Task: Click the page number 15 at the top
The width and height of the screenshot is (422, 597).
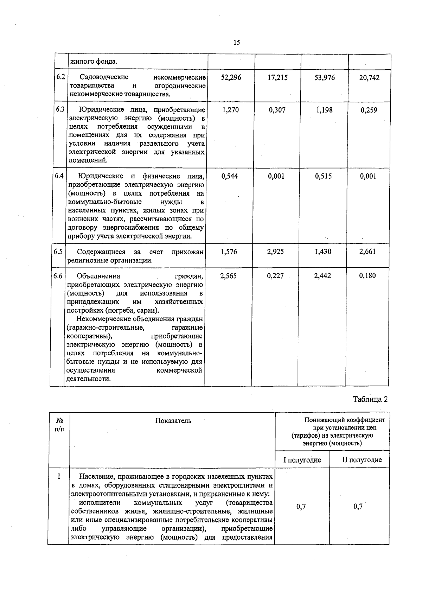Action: pos(236,43)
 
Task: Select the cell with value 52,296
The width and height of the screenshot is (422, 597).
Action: pos(231,77)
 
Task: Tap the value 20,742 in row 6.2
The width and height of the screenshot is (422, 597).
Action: pos(369,78)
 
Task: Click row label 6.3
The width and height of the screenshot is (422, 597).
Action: pos(60,109)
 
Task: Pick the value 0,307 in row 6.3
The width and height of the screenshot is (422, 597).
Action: pos(277,110)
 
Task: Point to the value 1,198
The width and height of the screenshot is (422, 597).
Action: pos(324,110)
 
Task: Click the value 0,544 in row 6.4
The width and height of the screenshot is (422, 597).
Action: pos(230,176)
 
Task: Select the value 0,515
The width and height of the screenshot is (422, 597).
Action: pos(323,176)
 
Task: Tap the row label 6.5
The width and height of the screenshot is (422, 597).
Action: pos(58,252)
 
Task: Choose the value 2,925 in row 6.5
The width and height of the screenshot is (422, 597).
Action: pos(275,252)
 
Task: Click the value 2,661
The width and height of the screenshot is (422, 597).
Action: pos(367,252)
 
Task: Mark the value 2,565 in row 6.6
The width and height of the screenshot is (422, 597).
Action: pos(229,276)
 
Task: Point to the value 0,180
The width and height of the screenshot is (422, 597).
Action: pos(367,276)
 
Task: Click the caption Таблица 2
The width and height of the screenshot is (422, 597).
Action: pos(370,399)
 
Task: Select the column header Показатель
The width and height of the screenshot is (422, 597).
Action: pos(173,421)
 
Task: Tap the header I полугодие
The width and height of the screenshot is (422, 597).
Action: pos(302,460)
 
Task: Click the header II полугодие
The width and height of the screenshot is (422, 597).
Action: pos(362,460)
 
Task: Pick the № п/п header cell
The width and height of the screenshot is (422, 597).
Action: pos(60,425)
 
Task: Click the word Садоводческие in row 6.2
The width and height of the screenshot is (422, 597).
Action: pos(104,77)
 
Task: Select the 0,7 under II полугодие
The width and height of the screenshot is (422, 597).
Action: pos(358,507)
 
